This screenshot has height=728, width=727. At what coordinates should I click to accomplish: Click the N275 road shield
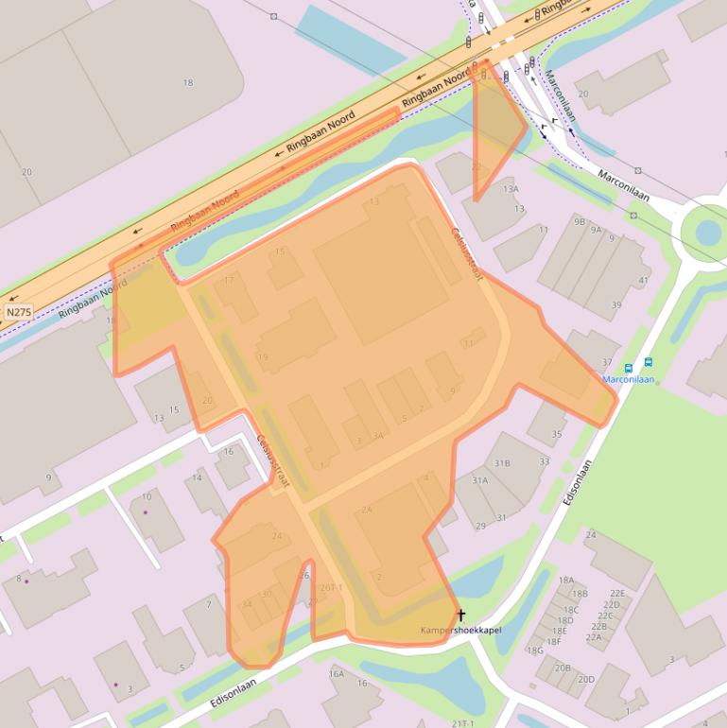pyautogui.click(x=17, y=311)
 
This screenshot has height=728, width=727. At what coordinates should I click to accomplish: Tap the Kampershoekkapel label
pyautogui.click(x=460, y=630)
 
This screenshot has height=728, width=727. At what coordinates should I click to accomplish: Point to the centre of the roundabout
pyautogui.click(x=707, y=230)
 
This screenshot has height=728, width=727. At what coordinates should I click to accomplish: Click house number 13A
pyautogui.click(x=511, y=189)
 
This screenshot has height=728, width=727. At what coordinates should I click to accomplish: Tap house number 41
pyautogui.click(x=644, y=281)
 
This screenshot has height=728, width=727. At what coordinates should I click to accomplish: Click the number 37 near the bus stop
pyautogui.click(x=608, y=363)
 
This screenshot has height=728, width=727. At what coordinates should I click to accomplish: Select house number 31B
pyautogui.click(x=502, y=463)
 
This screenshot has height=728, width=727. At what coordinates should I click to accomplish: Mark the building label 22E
pyautogui.click(x=616, y=593)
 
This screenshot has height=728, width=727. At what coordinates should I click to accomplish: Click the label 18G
pyautogui.click(x=535, y=650)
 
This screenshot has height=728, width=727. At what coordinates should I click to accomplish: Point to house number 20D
pyautogui.click(x=586, y=679)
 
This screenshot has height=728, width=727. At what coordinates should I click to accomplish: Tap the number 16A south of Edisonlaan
pyautogui.click(x=337, y=673)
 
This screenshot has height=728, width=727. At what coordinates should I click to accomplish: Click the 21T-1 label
pyautogui.click(x=463, y=722)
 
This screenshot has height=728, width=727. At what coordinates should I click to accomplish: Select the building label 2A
pyautogui.click(x=367, y=510)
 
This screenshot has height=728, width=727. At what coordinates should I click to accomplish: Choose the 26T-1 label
pyautogui.click(x=330, y=587)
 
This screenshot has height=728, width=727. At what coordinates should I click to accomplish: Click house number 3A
pyautogui.click(x=378, y=436)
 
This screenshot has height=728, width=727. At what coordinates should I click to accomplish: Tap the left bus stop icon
pyautogui.click(x=629, y=367)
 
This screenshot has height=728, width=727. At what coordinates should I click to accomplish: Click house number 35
pyautogui.click(x=557, y=434)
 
